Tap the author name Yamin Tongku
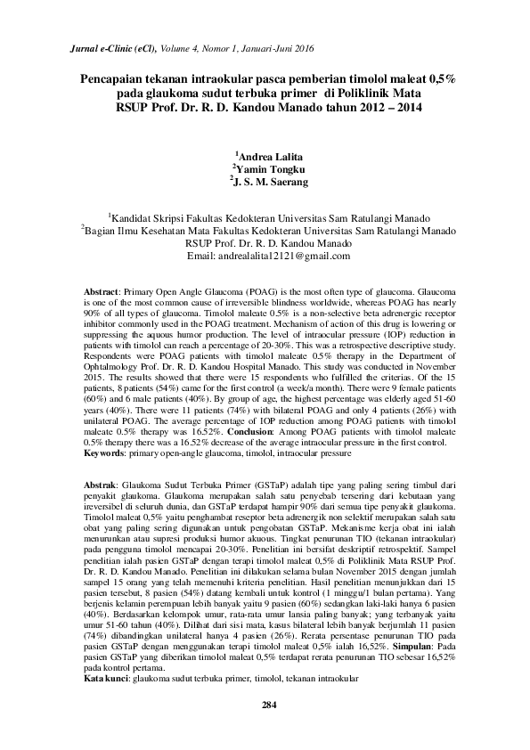[x=270, y=169]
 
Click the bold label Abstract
[x=101, y=291]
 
